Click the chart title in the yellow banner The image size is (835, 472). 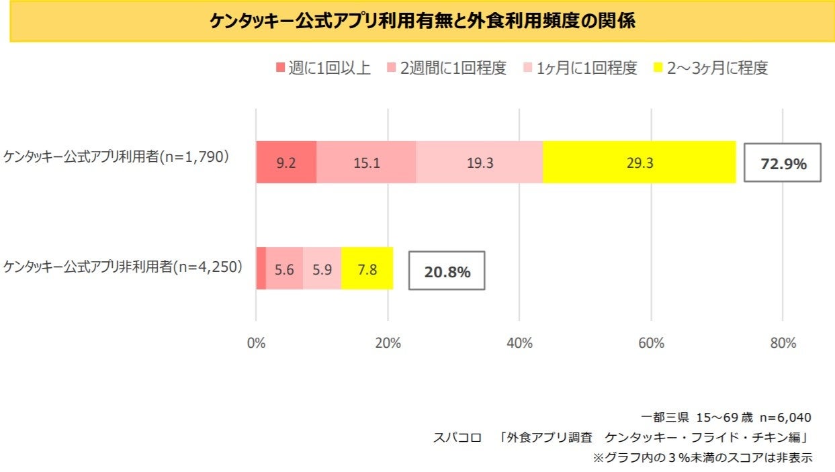423,21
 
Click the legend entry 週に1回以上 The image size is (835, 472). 323,68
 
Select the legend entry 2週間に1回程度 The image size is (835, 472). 447,68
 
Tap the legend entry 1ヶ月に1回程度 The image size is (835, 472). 577,68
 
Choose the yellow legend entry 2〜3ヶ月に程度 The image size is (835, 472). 710,68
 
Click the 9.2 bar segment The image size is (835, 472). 285,162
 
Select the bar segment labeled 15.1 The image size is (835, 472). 366,162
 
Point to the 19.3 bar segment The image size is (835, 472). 479,162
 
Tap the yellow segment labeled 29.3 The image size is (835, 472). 639,162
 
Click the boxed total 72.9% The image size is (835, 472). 783,163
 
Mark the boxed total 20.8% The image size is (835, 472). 447,271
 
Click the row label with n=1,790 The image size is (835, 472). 117,157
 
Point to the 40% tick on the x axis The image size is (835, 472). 519,343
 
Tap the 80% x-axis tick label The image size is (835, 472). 783,343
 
